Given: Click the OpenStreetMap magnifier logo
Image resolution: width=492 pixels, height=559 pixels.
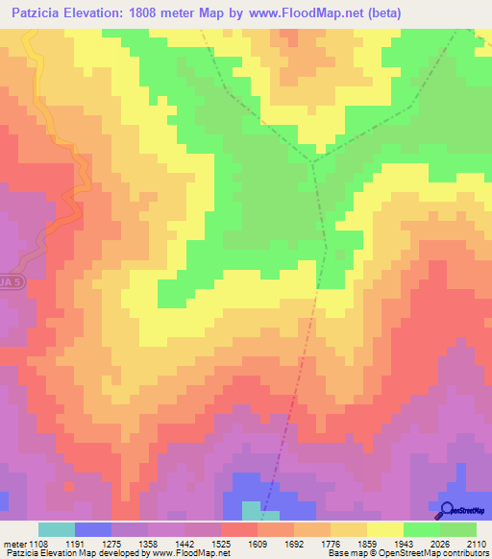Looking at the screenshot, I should click(445, 511).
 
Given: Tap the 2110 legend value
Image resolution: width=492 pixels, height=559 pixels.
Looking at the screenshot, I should click(476, 544).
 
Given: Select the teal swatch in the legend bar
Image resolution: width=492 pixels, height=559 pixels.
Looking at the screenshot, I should click(56, 529).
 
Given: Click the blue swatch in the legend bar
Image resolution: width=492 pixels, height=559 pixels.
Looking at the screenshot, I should click(92, 529).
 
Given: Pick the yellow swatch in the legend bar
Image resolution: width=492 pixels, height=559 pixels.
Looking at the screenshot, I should click(384, 529).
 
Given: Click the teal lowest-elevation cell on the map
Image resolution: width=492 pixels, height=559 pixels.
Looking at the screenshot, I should click(251, 510).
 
